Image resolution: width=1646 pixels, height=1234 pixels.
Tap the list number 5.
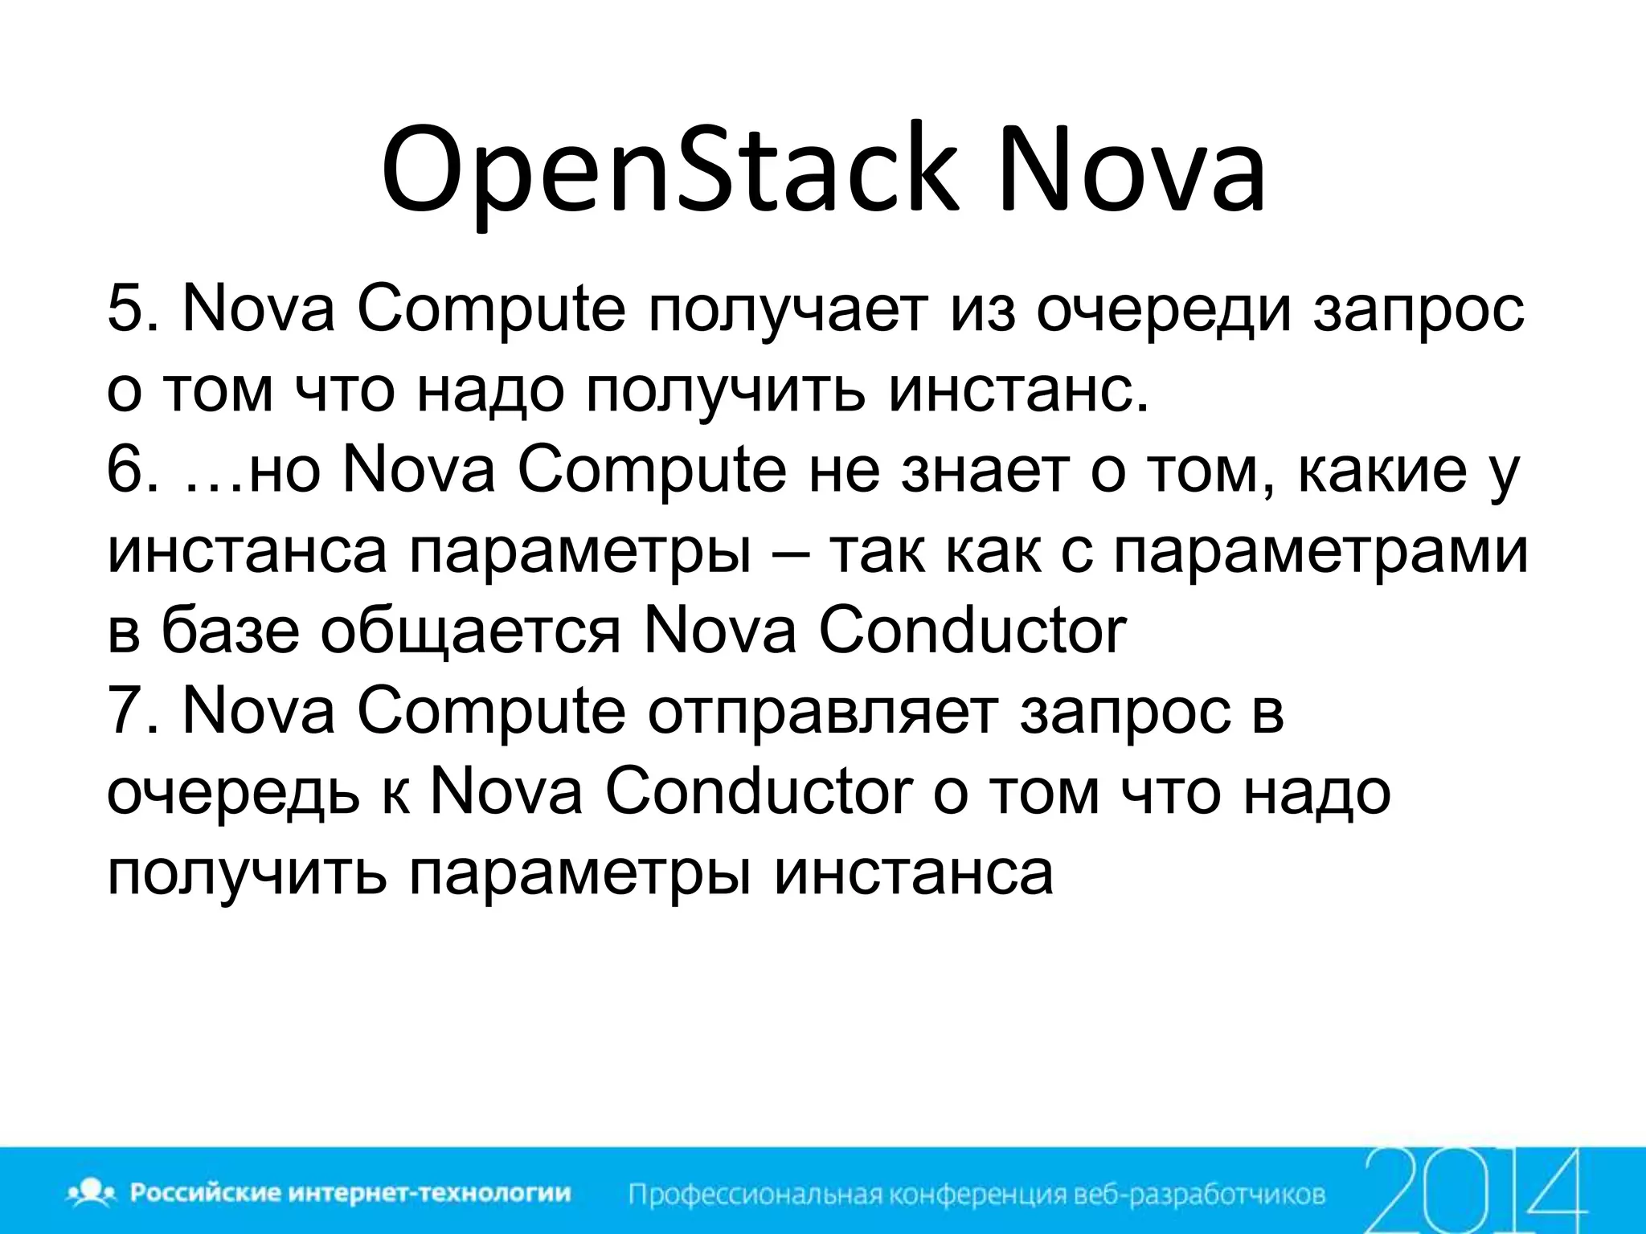tap(128, 309)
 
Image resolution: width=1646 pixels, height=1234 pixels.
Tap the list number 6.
tap(128, 470)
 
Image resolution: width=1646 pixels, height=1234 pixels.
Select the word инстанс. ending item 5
tap(1019, 391)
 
